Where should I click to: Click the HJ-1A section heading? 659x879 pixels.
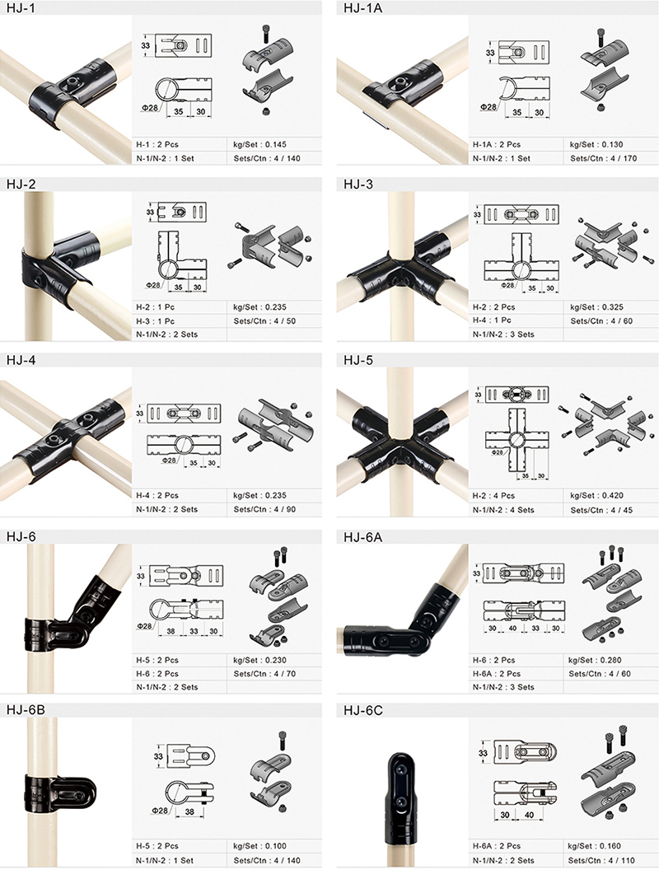(362, 8)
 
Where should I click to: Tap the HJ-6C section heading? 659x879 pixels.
(363, 710)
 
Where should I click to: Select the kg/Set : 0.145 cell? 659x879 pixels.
(259, 145)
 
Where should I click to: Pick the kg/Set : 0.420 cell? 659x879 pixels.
(596, 496)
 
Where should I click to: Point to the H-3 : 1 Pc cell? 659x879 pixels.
(155, 321)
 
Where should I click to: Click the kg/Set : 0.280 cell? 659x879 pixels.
(595, 661)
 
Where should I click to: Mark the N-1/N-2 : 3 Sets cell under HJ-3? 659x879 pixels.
(503, 334)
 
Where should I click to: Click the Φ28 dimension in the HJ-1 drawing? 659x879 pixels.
(149, 107)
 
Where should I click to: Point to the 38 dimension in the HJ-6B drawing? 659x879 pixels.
(189, 811)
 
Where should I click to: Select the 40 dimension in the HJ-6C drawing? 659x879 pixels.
(529, 815)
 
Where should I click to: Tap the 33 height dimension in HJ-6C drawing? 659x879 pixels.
(483, 753)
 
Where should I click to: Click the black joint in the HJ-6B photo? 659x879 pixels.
(60, 796)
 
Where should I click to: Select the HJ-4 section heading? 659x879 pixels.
(21, 360)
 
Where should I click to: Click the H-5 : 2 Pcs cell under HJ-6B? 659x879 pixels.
(157, 846)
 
